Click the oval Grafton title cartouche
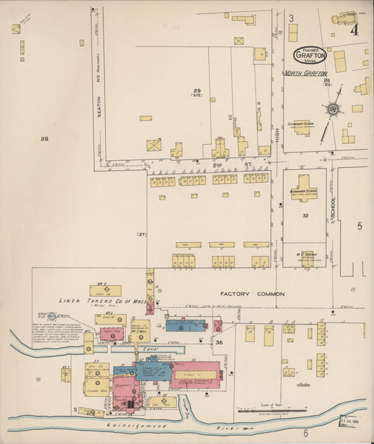[x=309, y=55]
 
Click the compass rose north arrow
[x=331, y=110]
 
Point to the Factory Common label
[x=252, y=294]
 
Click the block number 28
[x=44, y=139]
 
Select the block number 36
[x=219, y=342]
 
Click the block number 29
[x=198, y=91]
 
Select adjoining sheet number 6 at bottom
[x=306, y=433]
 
